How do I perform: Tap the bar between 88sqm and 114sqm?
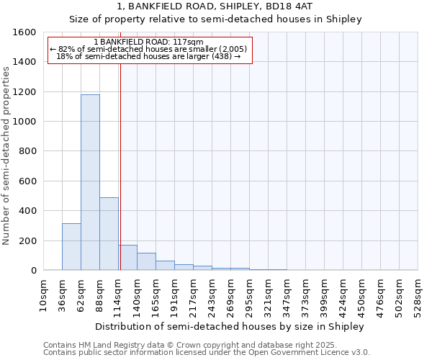click(109, 233)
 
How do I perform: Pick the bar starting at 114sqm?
click(128, 257)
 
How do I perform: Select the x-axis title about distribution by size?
click(230, 326)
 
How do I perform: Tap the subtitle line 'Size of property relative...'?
click(215, 19)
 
